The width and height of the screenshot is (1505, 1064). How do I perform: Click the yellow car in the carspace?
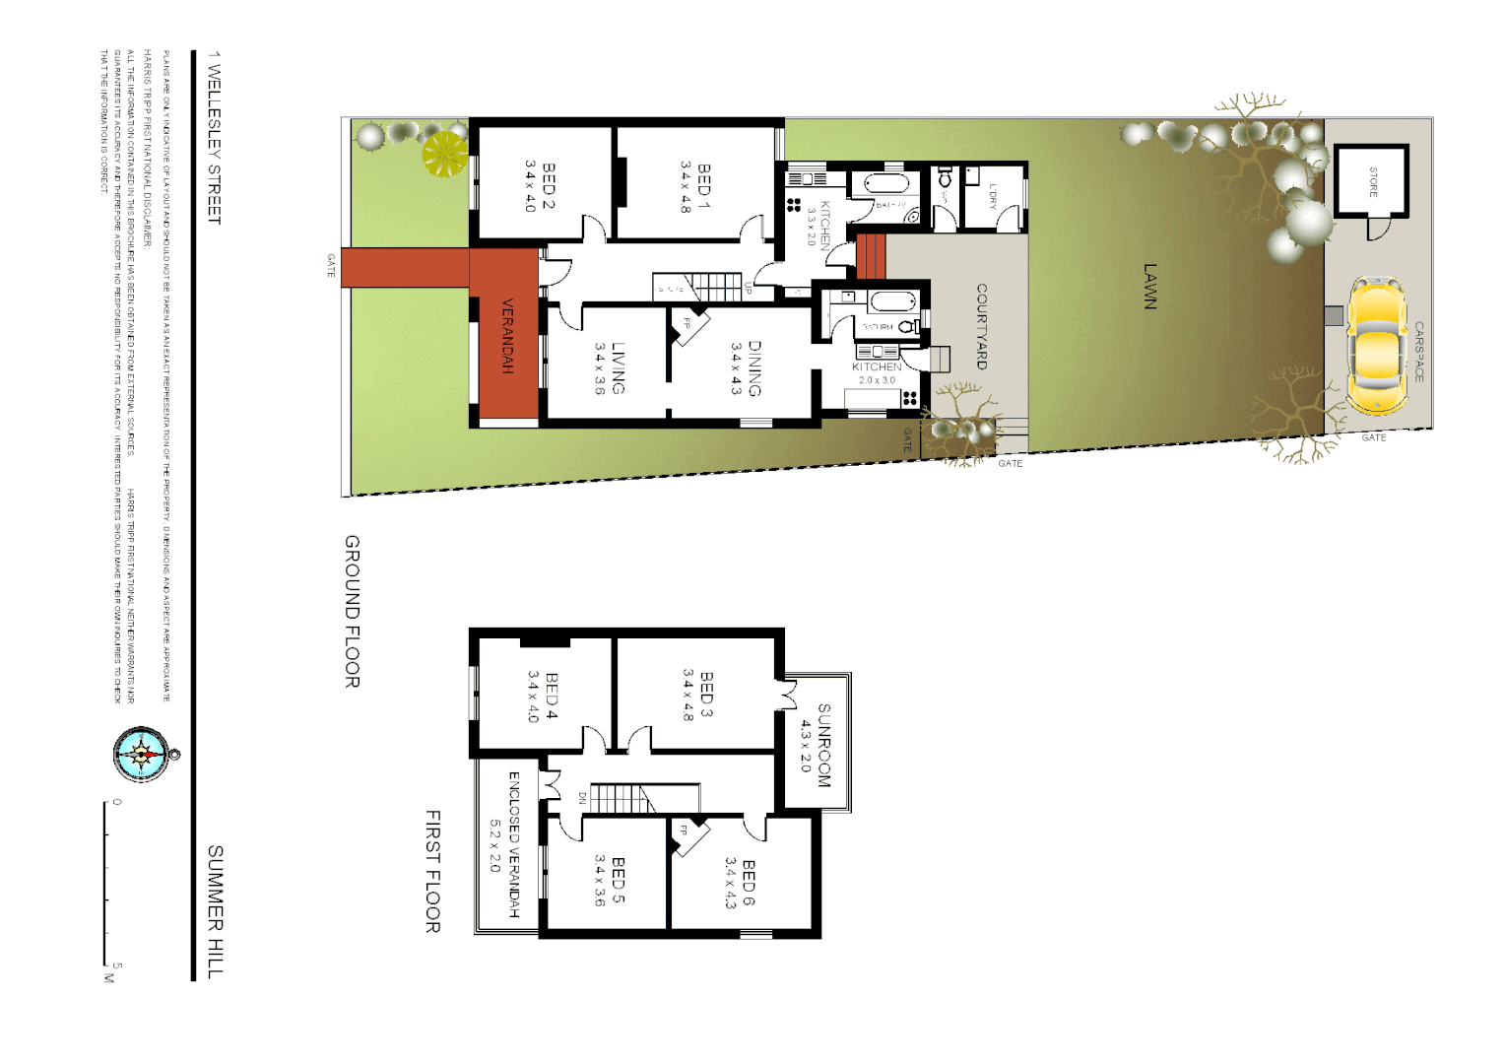pyautogui.click(x=1376, y=347)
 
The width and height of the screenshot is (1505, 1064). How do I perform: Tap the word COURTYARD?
pyautogui.click(x=981, y=326)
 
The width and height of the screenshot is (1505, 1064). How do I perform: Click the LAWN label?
pyautogui.click(x=1149, y=286)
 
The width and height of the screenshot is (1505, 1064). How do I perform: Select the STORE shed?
pyautogui.click(x=1372, y=181)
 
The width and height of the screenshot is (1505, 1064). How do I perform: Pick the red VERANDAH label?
pyautogui.click(x=507, y=336)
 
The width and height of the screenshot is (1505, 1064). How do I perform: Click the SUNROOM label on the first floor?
pyautogui.click(x=823, y=745)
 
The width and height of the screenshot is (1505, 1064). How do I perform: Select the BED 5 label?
pyautogui.click(x=618, y=880)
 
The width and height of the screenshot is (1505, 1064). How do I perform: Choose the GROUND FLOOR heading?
pyautogui.click(x=352, y=611)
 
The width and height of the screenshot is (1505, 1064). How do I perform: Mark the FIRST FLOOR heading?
pyautogui.click(x=432, y=871)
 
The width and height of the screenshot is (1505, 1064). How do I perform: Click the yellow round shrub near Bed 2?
pyautogui.click(x=444, y=154)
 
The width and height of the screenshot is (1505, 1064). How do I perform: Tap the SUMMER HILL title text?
pyautogui.click(x=215, y=910)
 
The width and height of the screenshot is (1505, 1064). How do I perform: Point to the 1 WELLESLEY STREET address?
pyautogui.click(x=214, y=138)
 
